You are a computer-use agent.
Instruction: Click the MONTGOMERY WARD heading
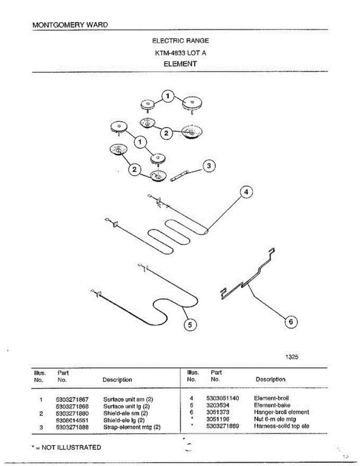70,24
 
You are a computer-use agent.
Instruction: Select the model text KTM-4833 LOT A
180,52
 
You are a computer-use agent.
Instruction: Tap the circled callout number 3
209,166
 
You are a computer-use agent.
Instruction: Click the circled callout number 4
246,192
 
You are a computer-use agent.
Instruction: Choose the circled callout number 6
291,322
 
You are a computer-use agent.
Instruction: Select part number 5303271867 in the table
72,399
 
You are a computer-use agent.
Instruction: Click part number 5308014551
72,420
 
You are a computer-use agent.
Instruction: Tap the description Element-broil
271,398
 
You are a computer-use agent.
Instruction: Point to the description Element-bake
272,405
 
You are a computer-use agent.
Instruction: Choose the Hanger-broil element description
282,412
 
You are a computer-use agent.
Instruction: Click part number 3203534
218,405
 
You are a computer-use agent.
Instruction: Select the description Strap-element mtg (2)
132,427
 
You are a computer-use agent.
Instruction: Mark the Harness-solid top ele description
282,426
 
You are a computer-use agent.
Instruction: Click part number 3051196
218,419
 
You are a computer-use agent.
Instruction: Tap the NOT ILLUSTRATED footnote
66,447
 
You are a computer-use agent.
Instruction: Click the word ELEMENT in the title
180,64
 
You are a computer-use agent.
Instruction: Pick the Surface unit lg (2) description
127,406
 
